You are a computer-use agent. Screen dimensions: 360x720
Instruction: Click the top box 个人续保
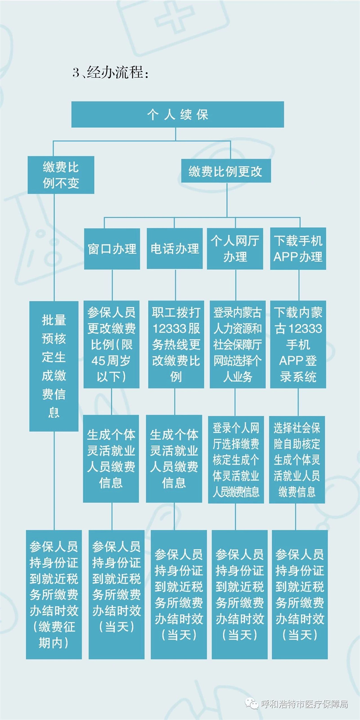(177, 114)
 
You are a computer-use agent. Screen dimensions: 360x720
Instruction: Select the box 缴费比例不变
(61, 175)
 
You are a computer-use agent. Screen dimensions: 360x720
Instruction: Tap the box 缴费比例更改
(226, 171)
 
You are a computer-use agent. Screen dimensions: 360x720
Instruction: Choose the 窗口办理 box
(112, 248)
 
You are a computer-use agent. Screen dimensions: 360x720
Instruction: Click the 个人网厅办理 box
(235, 248)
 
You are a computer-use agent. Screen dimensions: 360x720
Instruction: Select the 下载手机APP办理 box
(298, 248)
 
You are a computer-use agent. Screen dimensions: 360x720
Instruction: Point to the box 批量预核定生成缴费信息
(54, 366)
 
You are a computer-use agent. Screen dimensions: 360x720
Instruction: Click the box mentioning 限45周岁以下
(112, 344)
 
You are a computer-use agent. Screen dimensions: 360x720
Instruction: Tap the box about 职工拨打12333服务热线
(176, 344)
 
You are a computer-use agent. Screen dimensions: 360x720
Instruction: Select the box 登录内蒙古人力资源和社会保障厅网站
(238, 344)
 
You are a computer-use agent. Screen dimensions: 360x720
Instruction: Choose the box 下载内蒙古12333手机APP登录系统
(298, 344)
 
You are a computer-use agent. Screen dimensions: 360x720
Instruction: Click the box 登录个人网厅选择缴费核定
(236, 459)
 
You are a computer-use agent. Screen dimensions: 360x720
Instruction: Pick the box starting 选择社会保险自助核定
(297, 459)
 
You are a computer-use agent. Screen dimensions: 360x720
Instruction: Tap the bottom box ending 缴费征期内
(54, 594)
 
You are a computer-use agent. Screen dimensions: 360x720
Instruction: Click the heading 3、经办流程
(111, 72)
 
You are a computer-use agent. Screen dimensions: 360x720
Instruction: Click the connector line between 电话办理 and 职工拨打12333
(175, 285)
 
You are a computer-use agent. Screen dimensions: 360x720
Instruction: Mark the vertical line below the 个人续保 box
(175, 134)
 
